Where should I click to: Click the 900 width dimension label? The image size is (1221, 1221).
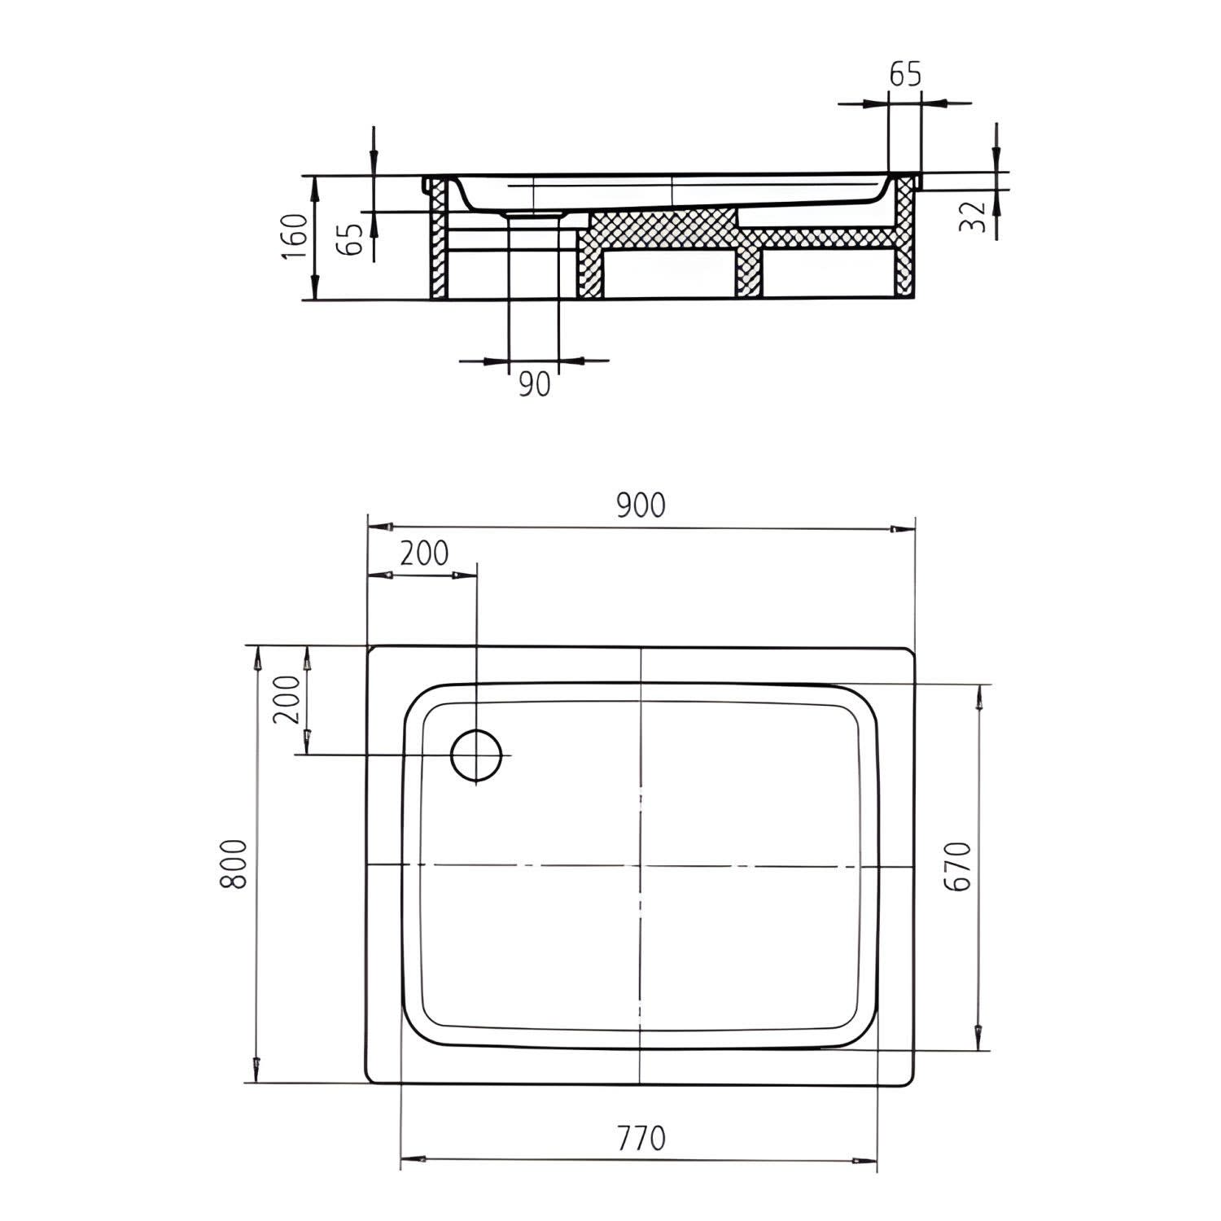click(x=641, y=505)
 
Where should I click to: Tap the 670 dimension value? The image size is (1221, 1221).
click(x=961, y=866)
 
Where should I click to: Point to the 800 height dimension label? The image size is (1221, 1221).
click(x=234, y=864)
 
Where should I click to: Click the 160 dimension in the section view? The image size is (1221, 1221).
click(x=295, y=236)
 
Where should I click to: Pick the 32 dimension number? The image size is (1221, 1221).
click(x=973, y=217)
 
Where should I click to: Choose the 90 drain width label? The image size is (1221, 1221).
click(x=534, y=383)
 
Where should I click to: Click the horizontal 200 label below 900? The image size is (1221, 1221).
click(x=423, y=554)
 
